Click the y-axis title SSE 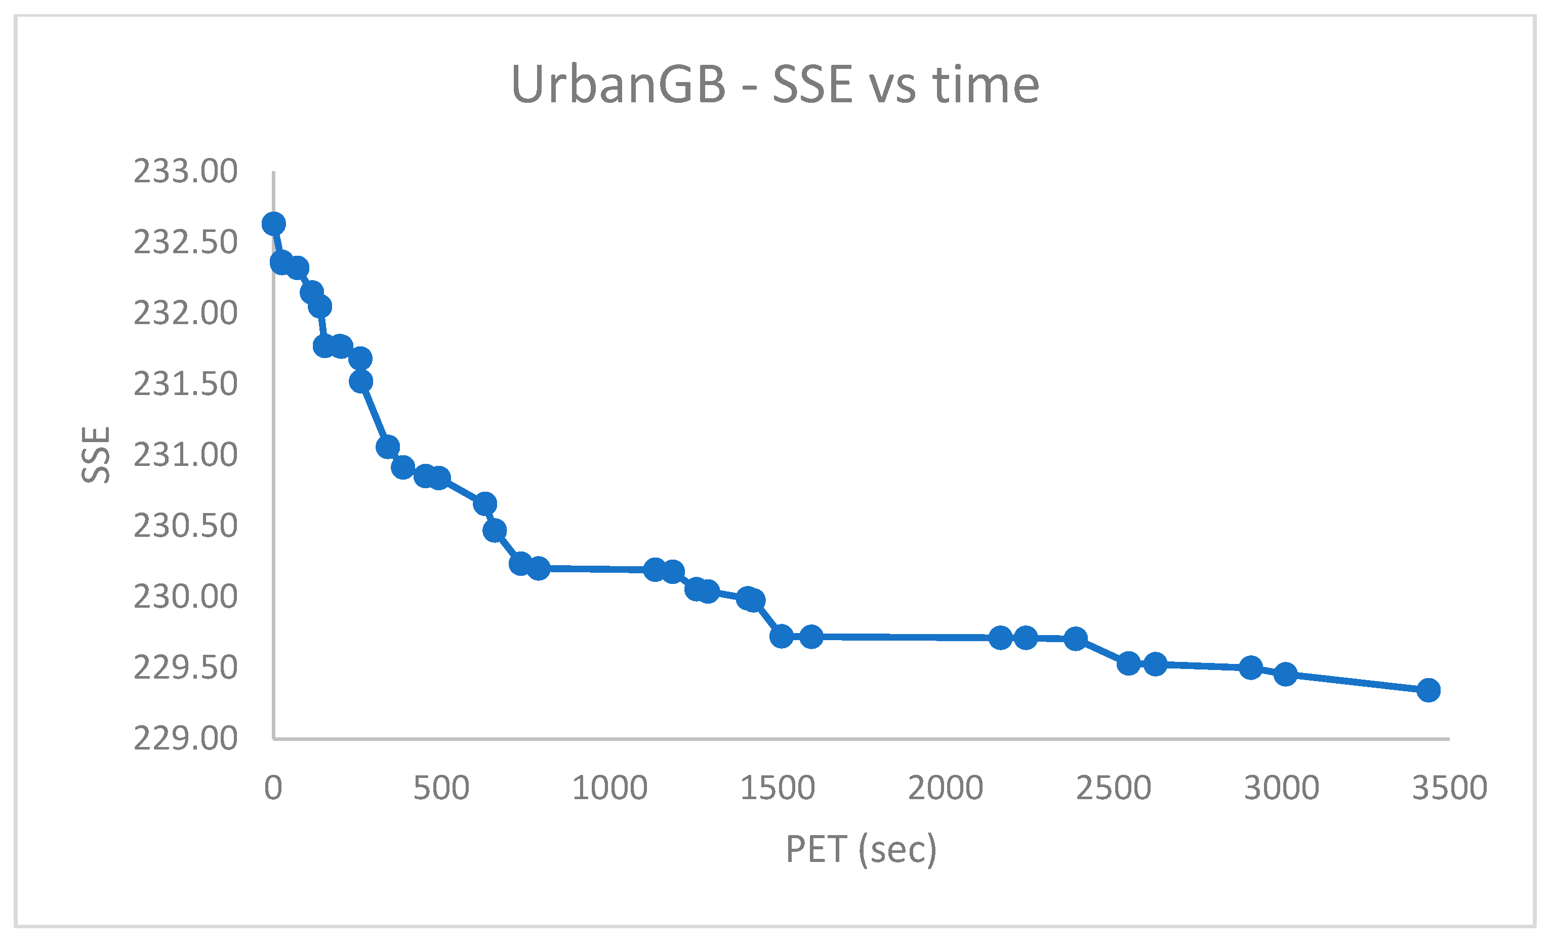coord(96,455)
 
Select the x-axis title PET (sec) coord(861,849)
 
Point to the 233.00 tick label coord(185,171)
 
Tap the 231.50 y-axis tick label coord(185,384)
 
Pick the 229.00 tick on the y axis coord(185,738)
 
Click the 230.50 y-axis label coord(185,526)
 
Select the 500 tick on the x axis coord(441,788)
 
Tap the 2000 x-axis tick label coord(946,788)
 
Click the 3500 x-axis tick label coord(1450,788)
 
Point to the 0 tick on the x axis coord(273,788)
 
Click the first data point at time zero coord(273,223)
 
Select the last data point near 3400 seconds coord(1429,690)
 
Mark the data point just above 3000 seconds coord(1285,674)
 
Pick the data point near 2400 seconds coord(1076,639)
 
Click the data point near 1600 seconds coord(811,637)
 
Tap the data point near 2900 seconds coord(1251,667)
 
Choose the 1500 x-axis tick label coord(778,788)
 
